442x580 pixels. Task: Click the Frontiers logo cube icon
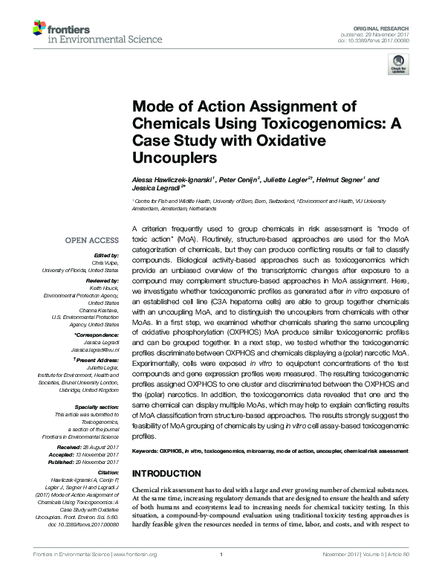pos(39,28)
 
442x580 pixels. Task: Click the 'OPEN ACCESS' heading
pos(91,240)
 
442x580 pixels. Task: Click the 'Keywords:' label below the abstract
pos(146,451)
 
